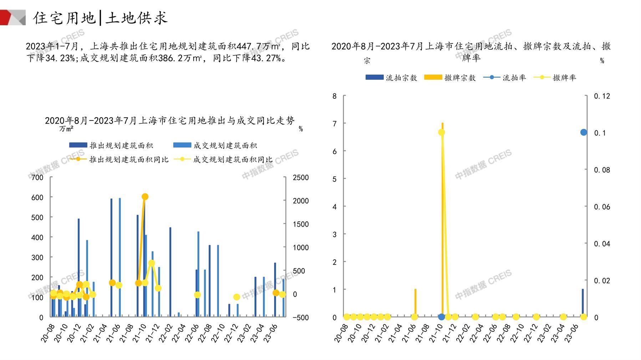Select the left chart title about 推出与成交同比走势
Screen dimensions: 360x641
[170, 120]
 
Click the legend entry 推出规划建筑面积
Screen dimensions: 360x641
[111, 145]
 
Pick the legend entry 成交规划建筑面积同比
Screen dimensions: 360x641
[224, 159]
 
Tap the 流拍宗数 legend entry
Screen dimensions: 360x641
[391, 78]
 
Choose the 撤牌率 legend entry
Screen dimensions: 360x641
[555, 78]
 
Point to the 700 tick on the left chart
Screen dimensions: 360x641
[37, 178]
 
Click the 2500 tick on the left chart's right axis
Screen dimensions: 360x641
[301, 178]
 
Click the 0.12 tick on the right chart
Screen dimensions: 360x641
[602, 96]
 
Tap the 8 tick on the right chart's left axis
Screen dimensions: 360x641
[334, 96]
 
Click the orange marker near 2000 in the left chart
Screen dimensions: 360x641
[145, 197]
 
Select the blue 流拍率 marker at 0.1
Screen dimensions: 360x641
[584, 132]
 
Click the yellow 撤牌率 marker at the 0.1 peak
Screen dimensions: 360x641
[441, 133]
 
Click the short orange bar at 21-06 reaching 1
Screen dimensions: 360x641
[415, 303]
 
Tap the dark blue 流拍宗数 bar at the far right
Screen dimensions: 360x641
[583, 303]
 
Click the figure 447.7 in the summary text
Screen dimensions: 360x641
[251, 46]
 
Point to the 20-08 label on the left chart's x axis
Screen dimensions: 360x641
[47, 334]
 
